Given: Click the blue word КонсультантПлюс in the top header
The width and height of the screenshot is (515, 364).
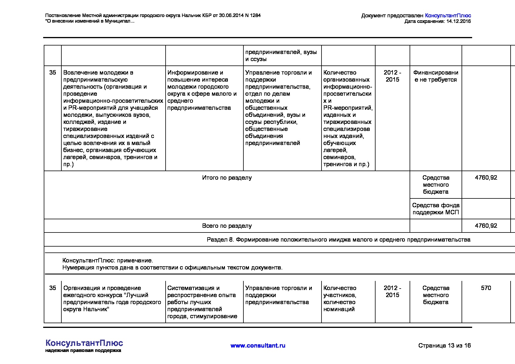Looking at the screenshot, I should (448, 16).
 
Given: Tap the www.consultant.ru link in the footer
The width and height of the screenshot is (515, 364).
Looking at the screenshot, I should (258, 346).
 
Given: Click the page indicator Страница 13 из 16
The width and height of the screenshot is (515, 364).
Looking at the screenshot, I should (444, 346).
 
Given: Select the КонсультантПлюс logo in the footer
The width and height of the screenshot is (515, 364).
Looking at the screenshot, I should (84, 343).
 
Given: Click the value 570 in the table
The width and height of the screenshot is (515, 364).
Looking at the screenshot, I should (486, 288).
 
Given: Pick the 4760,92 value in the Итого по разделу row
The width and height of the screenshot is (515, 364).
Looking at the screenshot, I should (486, 178).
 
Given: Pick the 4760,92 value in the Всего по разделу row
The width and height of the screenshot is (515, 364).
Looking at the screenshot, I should (486, 226).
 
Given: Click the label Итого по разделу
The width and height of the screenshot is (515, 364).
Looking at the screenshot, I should (227, 178).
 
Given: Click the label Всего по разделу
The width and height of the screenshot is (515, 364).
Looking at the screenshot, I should (227, 226).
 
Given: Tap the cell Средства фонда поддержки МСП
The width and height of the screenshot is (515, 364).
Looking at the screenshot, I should (436, 209).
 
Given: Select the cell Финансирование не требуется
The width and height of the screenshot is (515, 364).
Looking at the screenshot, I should (436, 76).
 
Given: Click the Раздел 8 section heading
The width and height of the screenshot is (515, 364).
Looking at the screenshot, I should (338, 240).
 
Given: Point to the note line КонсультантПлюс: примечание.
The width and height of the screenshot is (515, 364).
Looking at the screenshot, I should (107, 260).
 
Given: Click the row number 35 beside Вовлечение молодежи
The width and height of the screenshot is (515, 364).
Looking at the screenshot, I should (53, 73).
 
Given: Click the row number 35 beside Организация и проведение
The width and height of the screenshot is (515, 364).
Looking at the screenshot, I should (53, 288).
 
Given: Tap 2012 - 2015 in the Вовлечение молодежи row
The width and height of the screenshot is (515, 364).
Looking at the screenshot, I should (392, 76).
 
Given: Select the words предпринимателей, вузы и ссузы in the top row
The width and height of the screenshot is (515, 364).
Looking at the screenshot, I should (281, 55).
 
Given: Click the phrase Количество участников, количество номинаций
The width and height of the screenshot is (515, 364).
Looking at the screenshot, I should (340, 299).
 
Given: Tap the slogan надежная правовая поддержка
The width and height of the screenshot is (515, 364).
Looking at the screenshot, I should (83, 350).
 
